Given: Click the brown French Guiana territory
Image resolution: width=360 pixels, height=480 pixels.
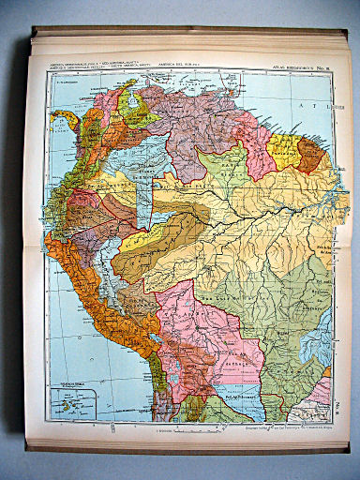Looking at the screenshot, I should click(310, 158).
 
